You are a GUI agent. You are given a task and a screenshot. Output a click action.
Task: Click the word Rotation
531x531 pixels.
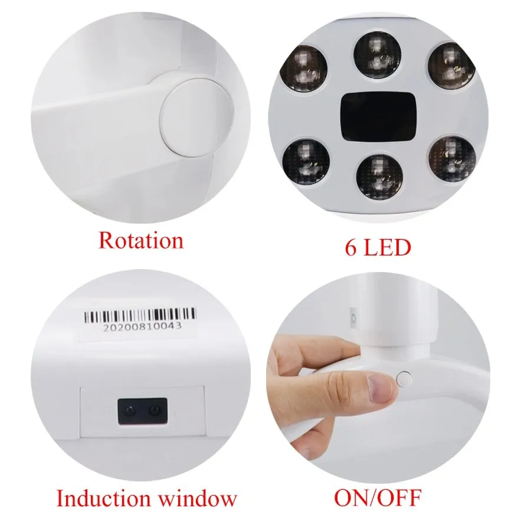point(140,241)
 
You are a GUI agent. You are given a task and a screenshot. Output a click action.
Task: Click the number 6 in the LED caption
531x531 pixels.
point(351,247)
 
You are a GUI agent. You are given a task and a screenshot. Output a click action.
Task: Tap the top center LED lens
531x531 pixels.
point(377,56)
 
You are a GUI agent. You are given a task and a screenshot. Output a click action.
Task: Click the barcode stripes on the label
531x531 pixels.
point(136,316)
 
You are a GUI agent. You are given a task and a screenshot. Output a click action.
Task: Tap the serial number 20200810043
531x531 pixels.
point(142,326)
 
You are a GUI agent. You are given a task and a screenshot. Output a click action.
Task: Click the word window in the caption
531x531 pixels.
point(201,499)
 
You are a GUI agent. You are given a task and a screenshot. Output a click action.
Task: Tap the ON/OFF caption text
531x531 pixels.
point(378,499)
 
